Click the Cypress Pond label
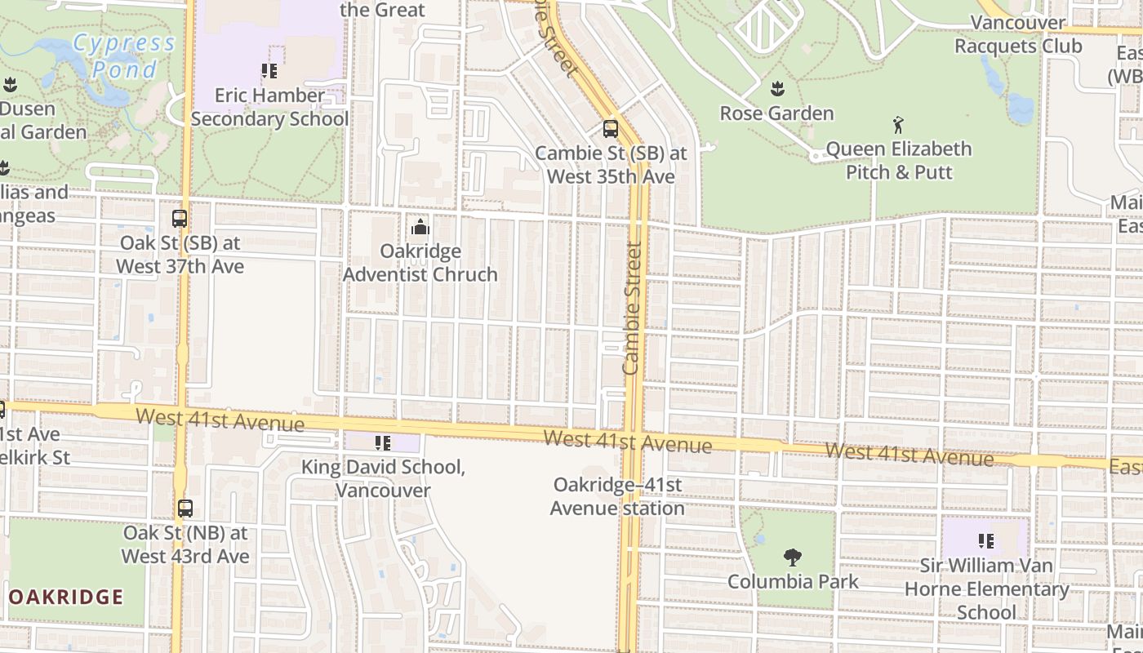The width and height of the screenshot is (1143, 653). click(x=124, y=56)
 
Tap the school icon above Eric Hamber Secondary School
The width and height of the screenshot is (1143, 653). click(x=269, y=71)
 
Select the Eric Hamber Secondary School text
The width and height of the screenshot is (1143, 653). click(x=269, y=107)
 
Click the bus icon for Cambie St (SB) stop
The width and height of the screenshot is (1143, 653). click(x=611, y=128)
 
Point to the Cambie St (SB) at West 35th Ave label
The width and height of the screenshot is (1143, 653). click(x=611, y=165)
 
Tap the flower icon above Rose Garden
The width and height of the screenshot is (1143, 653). click(x=777, y=88)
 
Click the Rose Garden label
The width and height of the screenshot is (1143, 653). click(x=776, y=113)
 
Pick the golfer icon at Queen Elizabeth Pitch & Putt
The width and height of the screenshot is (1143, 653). click(x=899, y=125)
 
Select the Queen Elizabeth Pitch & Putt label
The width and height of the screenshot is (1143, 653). click(x=899, y=161)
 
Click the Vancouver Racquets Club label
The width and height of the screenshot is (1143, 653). click(x=1018, y=34)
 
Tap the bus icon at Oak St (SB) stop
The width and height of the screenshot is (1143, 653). click(x=180, y=219)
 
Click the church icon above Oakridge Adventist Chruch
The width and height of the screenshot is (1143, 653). click(x=420, y=226)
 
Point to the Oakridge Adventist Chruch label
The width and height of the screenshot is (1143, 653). click(x=420, y=263)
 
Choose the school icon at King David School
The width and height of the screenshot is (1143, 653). click(x=382, y=442)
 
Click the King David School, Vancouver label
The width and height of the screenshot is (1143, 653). click(x=383, y=479)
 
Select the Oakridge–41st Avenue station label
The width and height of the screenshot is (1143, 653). click(x=617, y=496)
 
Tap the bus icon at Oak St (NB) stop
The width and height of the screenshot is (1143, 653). click(x=185, y=508)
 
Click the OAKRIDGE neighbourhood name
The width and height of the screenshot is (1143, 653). click(x=65, y=597)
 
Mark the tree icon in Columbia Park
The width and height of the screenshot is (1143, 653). click(x=792, y=557)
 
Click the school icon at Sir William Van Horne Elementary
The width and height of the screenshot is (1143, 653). click(x=985, y=540)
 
